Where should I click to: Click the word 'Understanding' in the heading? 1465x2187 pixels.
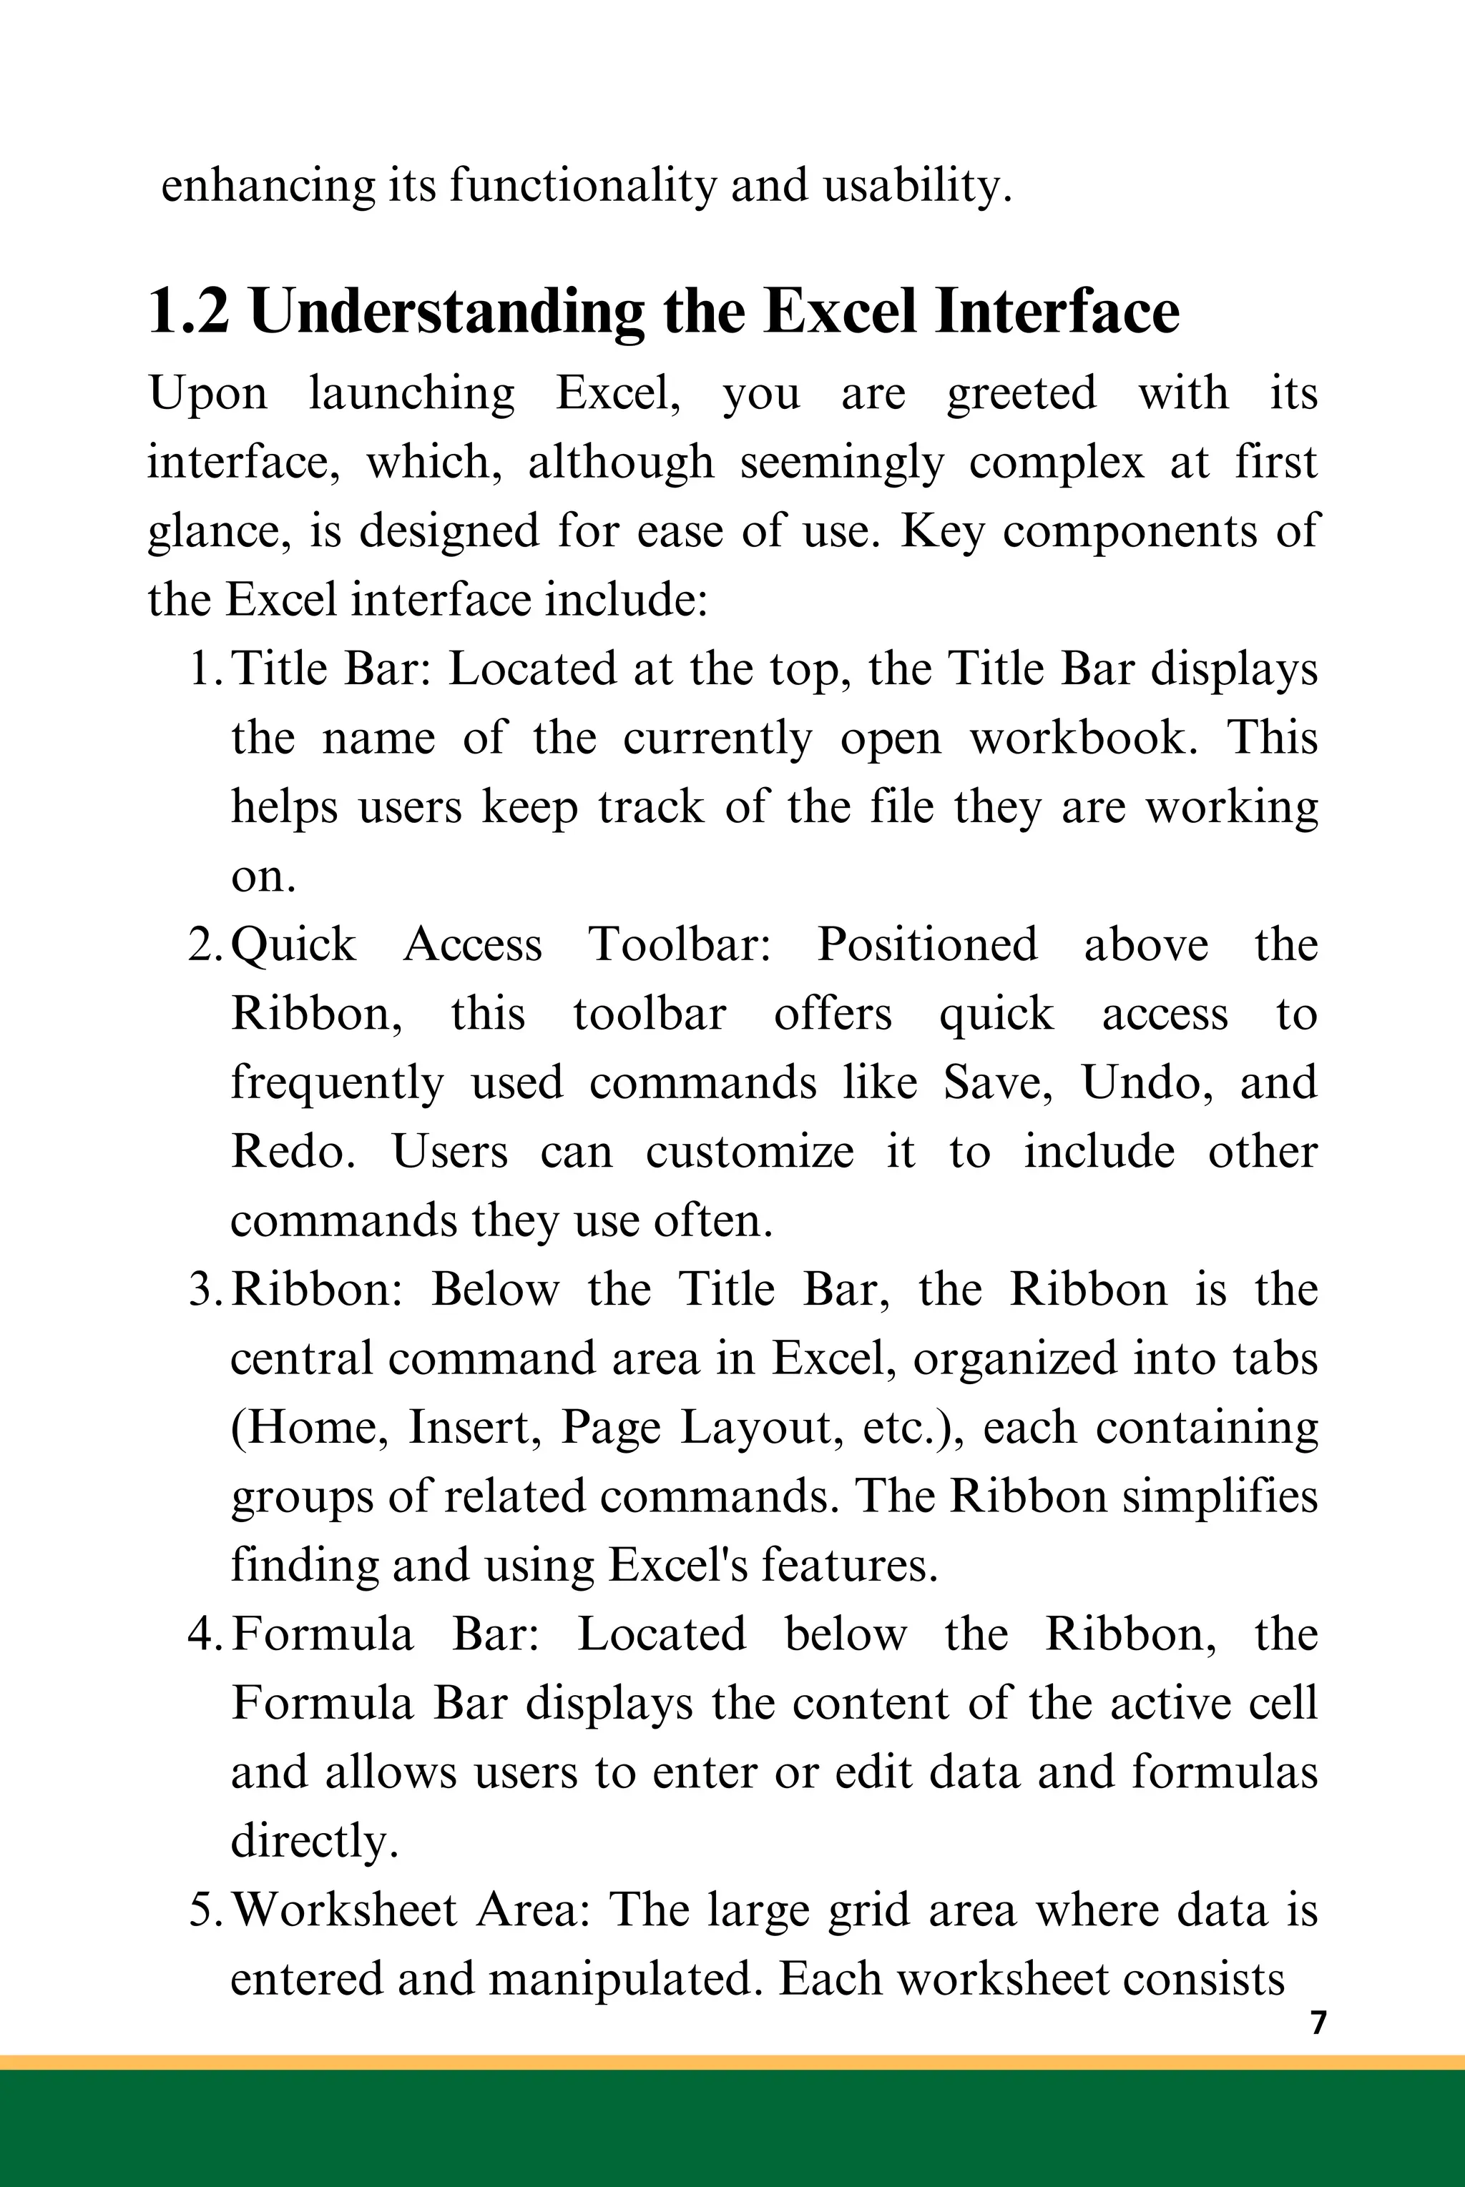coord(448,313)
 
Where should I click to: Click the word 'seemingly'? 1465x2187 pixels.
coord(842,464)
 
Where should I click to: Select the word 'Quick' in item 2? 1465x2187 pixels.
coord(293,946)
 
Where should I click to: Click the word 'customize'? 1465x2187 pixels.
coord(750,1153)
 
